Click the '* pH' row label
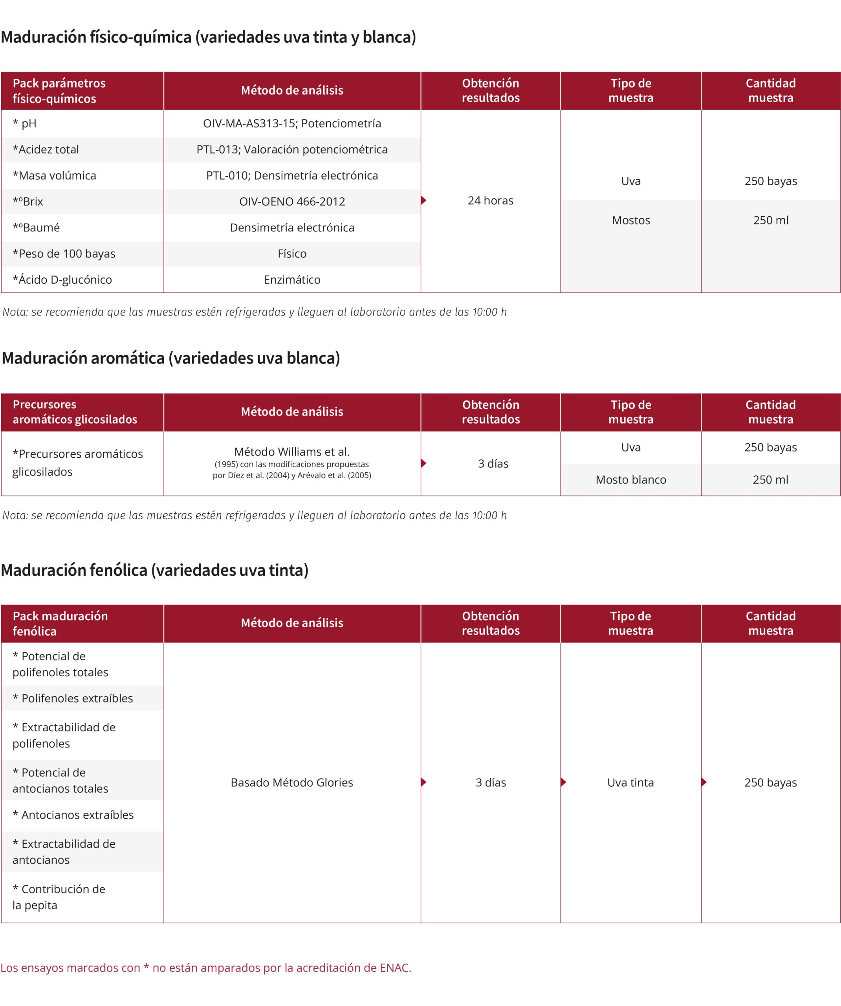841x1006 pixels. point(24,124)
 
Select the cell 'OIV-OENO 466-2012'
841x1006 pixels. point(292,202)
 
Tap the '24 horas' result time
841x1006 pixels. point(491,201)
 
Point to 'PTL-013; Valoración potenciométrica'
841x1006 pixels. point(292,149)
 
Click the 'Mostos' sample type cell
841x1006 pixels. point(631,220)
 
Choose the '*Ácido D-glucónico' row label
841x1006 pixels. point(62,280)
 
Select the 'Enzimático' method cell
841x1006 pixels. point(292,280)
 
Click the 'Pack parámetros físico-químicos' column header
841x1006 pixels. point(59,91)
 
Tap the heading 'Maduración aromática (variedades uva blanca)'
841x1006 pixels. point(171,358)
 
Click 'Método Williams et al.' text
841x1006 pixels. point(292,452)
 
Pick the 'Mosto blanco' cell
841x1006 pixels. point(631,480)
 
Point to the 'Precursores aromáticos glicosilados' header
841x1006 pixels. point(75,412)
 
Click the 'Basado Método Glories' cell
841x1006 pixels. point(292,782)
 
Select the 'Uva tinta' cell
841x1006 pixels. point(630,782)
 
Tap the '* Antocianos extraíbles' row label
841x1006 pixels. point(73,815)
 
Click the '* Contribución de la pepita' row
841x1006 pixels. point(59,897)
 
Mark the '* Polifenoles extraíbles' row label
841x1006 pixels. point(73,698)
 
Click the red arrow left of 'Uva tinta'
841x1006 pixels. point(564,782)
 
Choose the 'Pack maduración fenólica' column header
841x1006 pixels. point(60,624)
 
